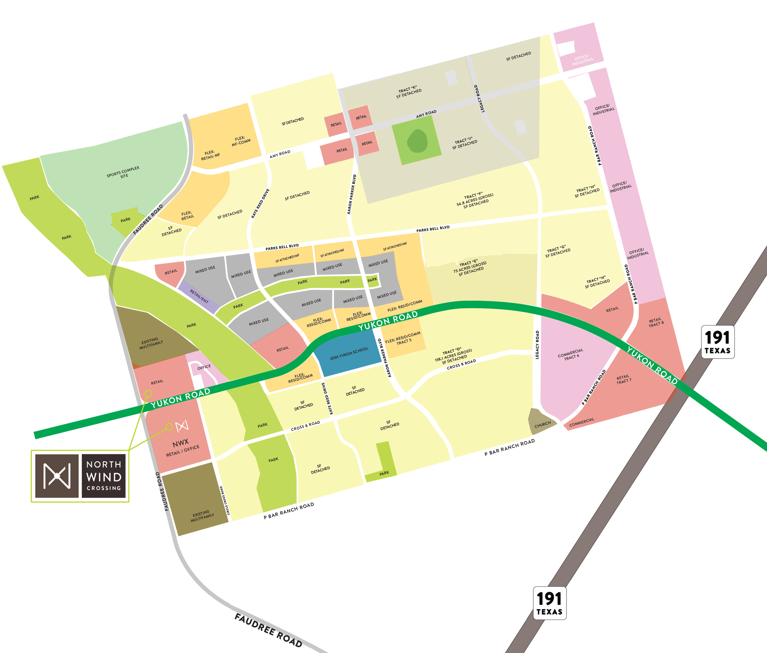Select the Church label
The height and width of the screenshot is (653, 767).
click(542, 424)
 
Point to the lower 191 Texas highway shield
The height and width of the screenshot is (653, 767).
click(549, 603)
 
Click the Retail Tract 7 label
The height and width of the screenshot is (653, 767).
click(623, 379)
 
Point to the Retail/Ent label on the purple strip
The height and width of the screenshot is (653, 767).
click(199, 296)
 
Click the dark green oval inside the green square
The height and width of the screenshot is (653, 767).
click(417, 141)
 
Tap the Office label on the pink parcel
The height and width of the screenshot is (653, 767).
click(204, 367)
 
